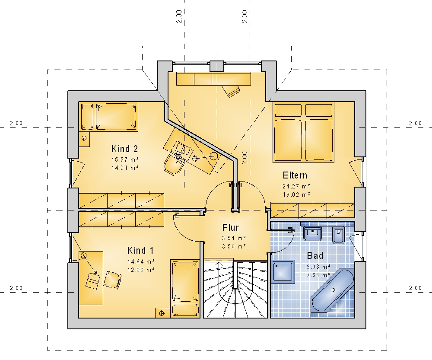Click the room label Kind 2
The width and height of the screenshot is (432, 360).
click(x=124, y=149)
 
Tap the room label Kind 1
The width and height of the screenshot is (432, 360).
click(x=140, y=251)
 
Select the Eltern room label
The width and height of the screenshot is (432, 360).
click(x=295, y=175)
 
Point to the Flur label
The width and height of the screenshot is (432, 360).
click(x=230, y=228)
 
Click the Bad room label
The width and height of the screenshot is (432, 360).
click(x=315, y=256)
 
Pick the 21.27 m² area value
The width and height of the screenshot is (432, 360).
click(x=296, y=186)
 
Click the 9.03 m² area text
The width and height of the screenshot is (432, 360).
click(x=318, y=267)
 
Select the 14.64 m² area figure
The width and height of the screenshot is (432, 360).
click(x=141, y=261)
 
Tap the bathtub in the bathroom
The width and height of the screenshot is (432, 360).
click(x=333, y=290)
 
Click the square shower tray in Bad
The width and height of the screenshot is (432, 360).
click(x=283, y=271)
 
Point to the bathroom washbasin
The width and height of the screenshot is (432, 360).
click(x=312, y=234)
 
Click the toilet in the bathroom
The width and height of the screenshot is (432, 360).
click(x=339, y=235)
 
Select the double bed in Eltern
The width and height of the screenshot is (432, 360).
click(x=303, y=132)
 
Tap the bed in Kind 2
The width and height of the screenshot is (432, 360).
click(x=116, y=116)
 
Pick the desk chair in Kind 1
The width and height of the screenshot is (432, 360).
click(x=112, y=280)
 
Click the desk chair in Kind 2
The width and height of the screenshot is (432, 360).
click(x=172, y=165)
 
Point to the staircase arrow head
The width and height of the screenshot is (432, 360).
click(x=219, y=264)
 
